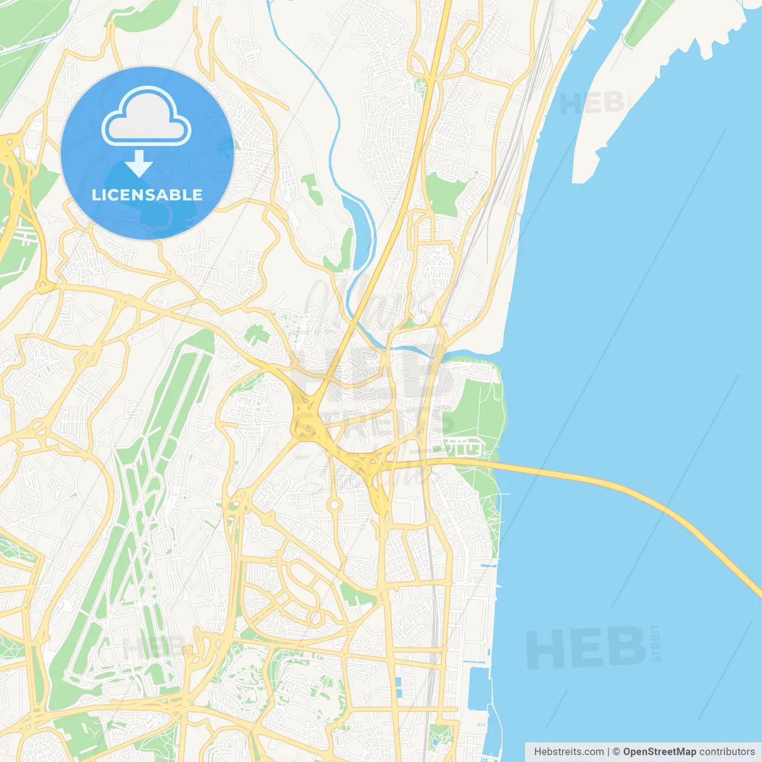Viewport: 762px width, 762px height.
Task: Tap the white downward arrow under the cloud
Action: (x=139, y=164)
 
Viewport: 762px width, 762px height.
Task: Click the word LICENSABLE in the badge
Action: (x=147, y=195)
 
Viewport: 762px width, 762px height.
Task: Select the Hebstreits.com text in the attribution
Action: (x=569, y=752)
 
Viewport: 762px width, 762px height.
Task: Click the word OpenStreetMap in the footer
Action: (x=659, y=752)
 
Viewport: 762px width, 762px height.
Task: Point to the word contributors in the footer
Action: (x=726, y=752)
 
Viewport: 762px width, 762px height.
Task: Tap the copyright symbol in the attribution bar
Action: (x=616, y=752)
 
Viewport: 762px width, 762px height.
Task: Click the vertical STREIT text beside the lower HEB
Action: (x=655, y=643)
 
